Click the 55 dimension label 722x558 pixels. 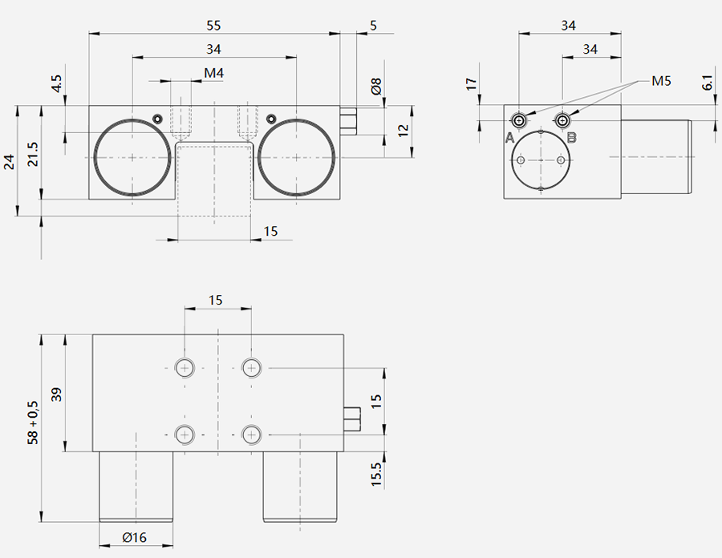(x=213, y=26)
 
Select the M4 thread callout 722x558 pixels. (x=213, y=73)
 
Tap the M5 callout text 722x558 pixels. (x=661, y=81)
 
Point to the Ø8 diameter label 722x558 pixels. (x=376, y=86)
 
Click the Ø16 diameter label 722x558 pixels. (x=135, y=537)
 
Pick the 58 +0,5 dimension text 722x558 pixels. (x=33, y=423)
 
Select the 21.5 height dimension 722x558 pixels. (x=33, y=154)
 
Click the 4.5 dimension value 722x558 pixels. (x=57, y=83)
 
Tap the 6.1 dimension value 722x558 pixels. (x=708, y=83)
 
